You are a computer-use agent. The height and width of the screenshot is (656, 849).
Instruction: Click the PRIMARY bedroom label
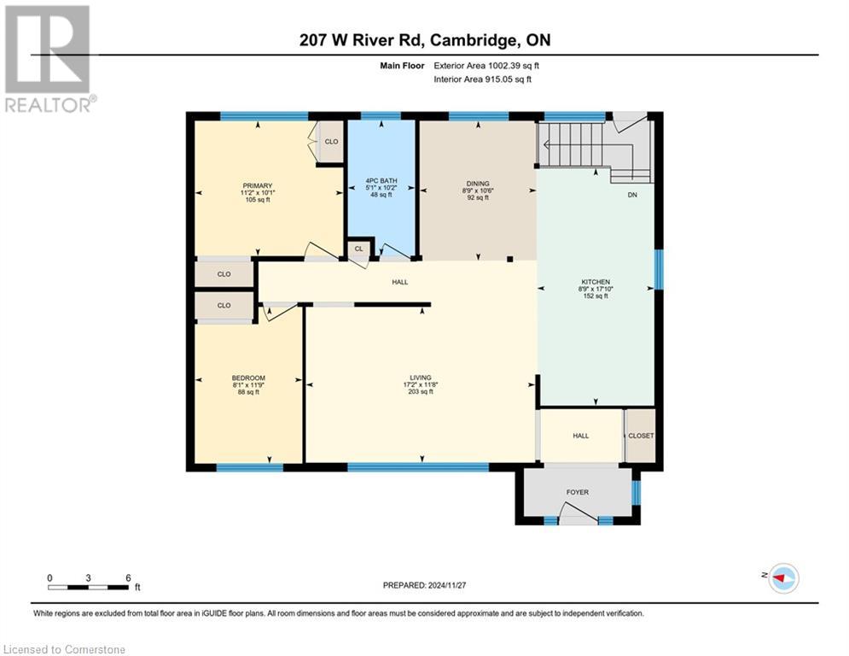tap(257, 185)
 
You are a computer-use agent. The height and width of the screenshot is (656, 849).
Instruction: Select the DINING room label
tap(476, 181)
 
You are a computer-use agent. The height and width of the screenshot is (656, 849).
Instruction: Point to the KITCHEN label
tap(596, 281)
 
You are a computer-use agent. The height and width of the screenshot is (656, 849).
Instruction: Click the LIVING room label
tap(420, 377)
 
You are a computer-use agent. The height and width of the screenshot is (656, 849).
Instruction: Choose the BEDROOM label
tap(248, 378)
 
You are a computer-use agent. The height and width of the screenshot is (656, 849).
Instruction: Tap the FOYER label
tap(578, 492)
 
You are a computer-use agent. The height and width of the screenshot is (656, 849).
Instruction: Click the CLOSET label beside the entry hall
tap(640, 436)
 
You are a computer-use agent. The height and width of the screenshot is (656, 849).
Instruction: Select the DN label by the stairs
tap(632, 195)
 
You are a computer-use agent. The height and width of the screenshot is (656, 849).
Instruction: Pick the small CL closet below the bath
tap(359, 249)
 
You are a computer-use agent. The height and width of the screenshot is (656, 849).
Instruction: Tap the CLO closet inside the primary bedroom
tap(331, 142)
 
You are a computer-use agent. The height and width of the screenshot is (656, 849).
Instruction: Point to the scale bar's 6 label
tap(128, 577)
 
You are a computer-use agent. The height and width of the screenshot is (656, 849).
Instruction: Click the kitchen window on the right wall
tap(657, 269)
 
